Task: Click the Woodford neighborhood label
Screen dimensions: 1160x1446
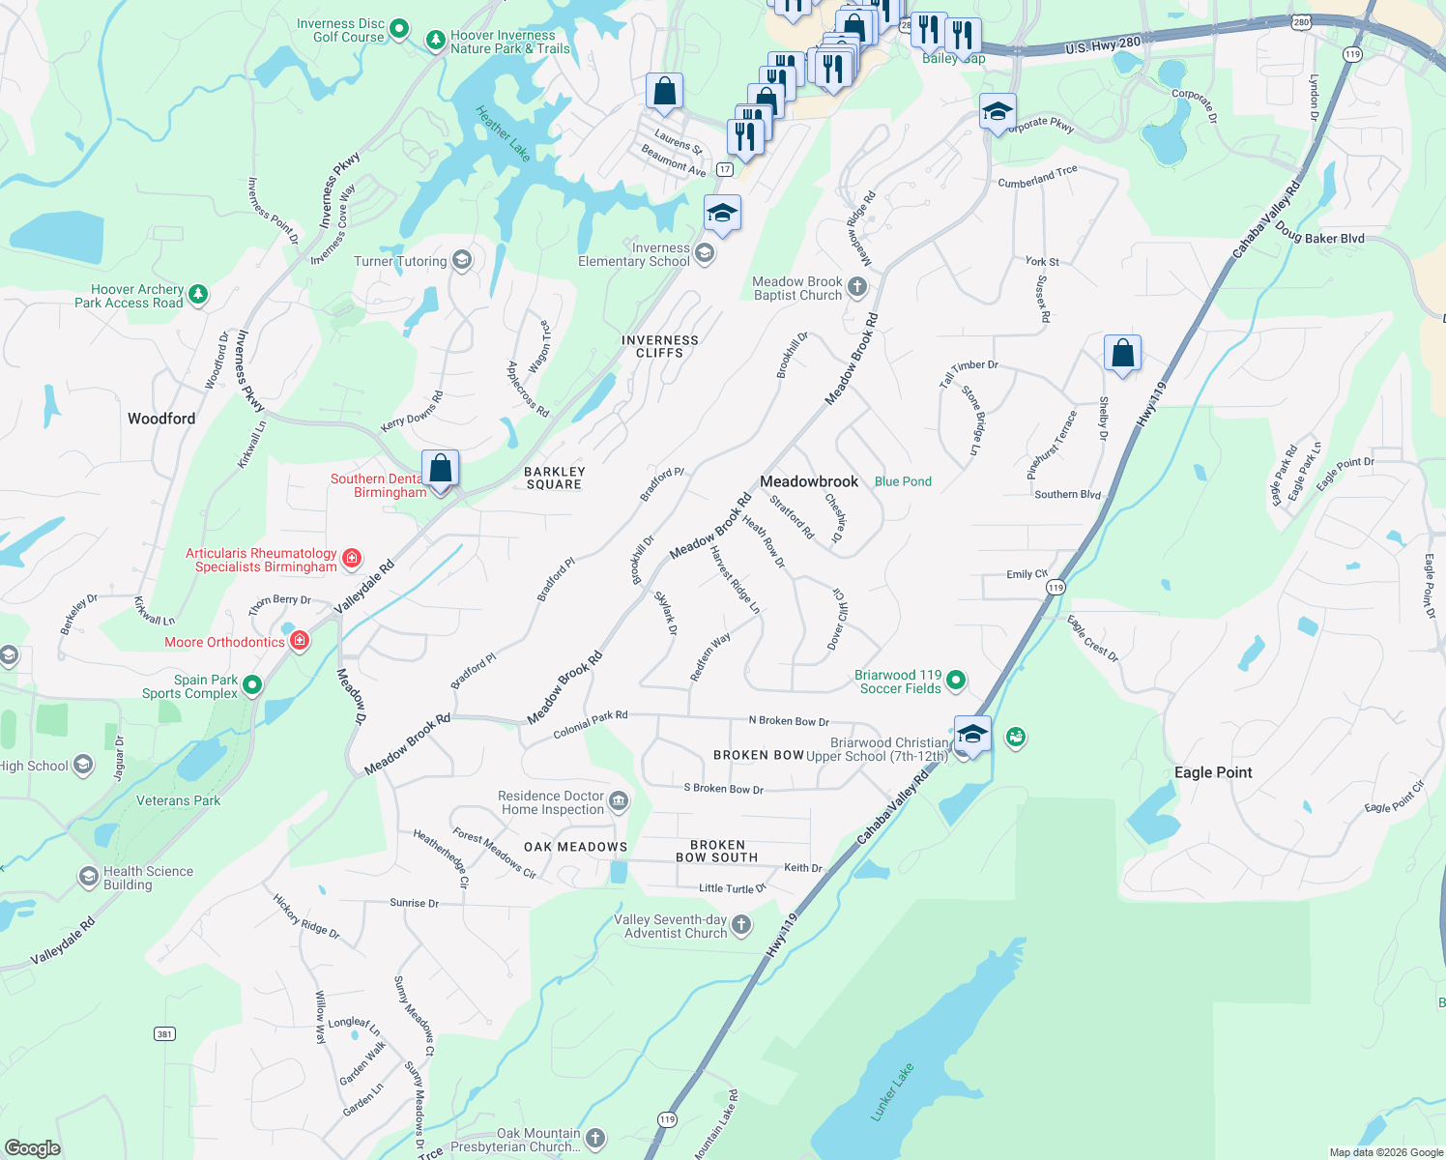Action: [161, 419]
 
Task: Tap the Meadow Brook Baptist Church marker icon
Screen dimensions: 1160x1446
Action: [856, 286]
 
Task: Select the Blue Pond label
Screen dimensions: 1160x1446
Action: [903, 481]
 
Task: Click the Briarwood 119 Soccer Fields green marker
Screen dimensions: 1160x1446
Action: [956, 681]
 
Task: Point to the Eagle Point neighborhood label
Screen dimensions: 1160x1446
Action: [1213, 772]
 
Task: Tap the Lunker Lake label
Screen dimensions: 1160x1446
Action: [891, 1092]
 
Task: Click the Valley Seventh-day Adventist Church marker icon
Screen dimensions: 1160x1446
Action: [741, 925]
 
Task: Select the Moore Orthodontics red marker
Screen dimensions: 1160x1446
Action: [300, 641]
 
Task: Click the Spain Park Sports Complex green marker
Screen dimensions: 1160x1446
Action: [252, 685]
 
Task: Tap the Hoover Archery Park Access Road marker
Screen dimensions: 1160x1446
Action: [198, 294]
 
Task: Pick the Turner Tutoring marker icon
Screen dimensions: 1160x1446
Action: [462, 260]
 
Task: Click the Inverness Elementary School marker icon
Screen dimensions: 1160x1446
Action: [705, 253]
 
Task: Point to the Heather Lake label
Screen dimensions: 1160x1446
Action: [504, 133]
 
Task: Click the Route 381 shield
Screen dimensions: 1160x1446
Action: [164, 1033]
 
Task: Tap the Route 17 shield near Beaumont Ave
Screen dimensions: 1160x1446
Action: [725, 169]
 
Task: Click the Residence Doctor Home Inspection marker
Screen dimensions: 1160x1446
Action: [619, 800]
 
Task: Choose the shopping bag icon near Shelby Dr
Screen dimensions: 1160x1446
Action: [1122, 353]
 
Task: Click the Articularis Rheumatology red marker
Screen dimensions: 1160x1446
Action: [352, 558]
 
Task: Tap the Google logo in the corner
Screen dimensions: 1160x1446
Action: [33, 1147]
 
